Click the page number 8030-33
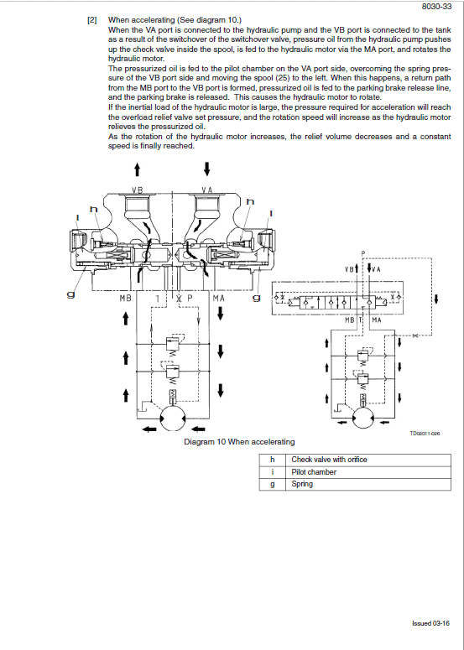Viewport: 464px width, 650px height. pyautogui.click(x=437, y=7)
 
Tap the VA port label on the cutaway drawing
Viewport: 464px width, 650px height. pyautogui.click(x=206, y=190)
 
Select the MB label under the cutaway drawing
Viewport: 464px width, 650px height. pyautogui.click(x=125, y=298)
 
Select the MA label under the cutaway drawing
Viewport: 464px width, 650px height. pyautogui.click(x=218, y=298)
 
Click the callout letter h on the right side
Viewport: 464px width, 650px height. pyautogui.click(x=249, y=201)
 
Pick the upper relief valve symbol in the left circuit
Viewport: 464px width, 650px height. pyautogui.click(x=172, y=343)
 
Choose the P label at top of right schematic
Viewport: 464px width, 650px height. pyautogui.click(x=363, y=253)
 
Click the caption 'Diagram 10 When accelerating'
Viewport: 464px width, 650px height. pyautogui.click(x=239, y=442)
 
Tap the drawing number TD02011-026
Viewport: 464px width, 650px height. pyautogui.click(x=425, y=434)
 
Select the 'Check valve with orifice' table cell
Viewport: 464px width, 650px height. pyautogui.click(x=329, y=460)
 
